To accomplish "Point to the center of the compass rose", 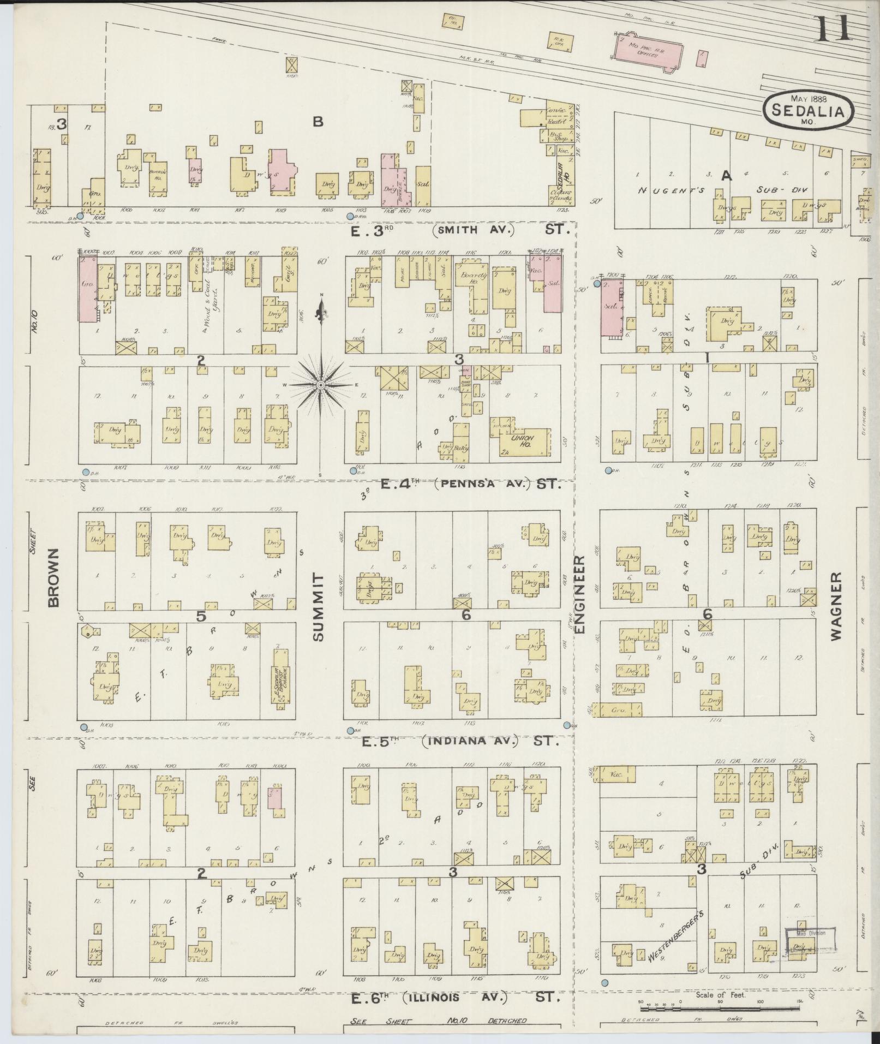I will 321,385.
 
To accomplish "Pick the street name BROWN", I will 53,577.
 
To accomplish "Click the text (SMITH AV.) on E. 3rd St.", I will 474,230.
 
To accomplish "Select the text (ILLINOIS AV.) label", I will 455,998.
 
